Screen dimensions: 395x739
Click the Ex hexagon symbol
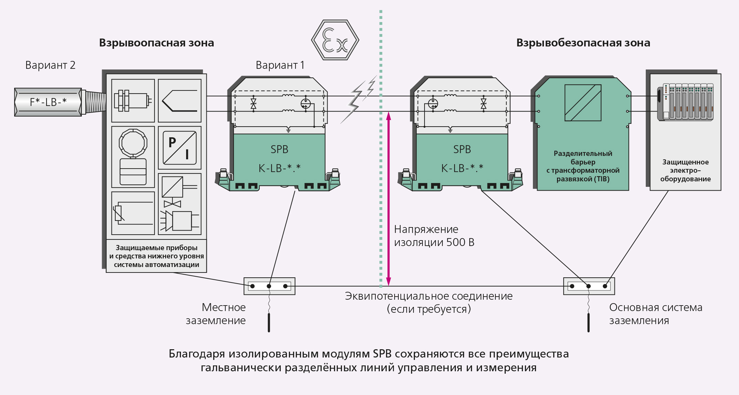point(335,40)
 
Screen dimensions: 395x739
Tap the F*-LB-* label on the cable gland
point(48,102)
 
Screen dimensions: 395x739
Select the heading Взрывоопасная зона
point(156,43)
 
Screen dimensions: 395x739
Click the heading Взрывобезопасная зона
point(583,43)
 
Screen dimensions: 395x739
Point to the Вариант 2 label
point(50,65)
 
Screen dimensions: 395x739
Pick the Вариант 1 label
point(280,65)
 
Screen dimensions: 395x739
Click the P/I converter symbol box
point(180,148)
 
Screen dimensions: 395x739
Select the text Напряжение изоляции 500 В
point(434,236)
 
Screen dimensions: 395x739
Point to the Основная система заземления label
point(655,314)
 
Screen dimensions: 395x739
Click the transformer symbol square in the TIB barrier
point(583,103)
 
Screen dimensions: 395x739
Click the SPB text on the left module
point(279,149)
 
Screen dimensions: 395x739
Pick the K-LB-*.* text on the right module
point(462,168)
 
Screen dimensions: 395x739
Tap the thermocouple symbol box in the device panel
point(180,100)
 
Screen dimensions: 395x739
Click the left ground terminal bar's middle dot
point(269,286)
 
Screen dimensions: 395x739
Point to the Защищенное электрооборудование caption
point(685,170)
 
